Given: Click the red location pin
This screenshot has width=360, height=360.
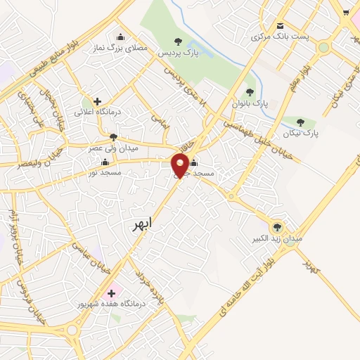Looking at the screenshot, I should coord(181,166).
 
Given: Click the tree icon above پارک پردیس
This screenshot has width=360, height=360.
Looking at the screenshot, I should coord(176,41).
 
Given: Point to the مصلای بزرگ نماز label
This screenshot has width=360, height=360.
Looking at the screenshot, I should coord(126,49).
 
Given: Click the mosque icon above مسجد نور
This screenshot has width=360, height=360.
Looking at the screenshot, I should coord(105,162).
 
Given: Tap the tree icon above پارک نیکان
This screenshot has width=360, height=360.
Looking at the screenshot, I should coord(300,122).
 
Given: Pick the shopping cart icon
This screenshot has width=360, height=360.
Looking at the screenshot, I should coord(345,12).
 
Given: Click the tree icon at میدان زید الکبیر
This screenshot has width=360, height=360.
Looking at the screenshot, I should coord(277,226).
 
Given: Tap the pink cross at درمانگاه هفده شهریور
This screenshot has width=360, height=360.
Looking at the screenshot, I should coord(110,292).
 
